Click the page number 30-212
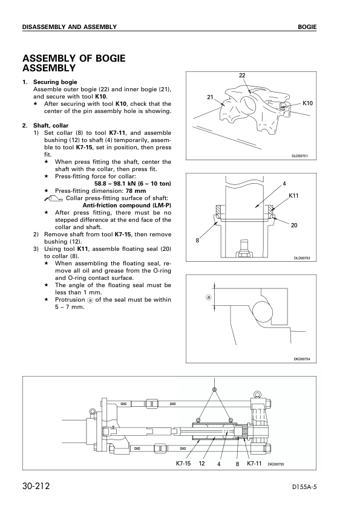(x=36, y=486)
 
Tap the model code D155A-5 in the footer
(x=304, y=487)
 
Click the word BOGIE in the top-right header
(x=307, y=27)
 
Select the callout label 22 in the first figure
(x=242, y=76)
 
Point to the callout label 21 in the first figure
(x=210, y=97)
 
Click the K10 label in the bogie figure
(x=307, y=103)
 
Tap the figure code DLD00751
(x=299, y=156)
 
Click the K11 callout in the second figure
(x=293, y=195)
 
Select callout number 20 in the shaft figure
(x=294, y=225)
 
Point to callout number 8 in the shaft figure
(x=197, y=241)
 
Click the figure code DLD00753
(x=302, y=258)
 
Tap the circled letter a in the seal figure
(x=209, y=297)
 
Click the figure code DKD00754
(x=302, y=359)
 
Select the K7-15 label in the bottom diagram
(x=183, y=464)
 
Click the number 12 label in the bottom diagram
(x=201, y=464)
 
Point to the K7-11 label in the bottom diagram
(x=254, y=463)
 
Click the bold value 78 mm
(x=136, y=191)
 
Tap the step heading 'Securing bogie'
(x=55, y=82)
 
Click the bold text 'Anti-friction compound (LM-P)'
(x=126, y=206)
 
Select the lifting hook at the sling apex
(x=214, y=389)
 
